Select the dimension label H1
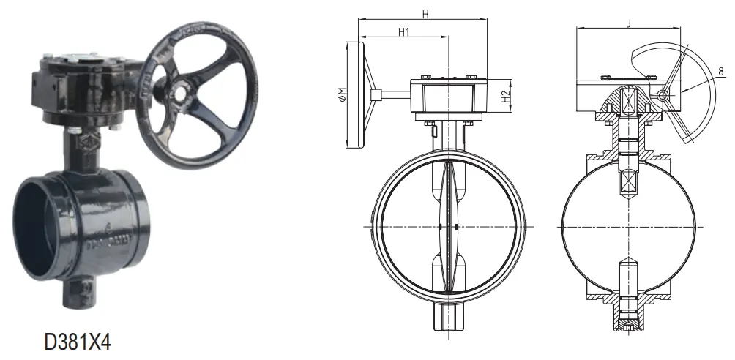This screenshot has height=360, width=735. pyautogui.click(x=403, y=32)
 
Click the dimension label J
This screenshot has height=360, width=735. pyautogui.click(x=628, y=23)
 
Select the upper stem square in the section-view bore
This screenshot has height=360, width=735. pyautogui.click(x=627, y=183)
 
